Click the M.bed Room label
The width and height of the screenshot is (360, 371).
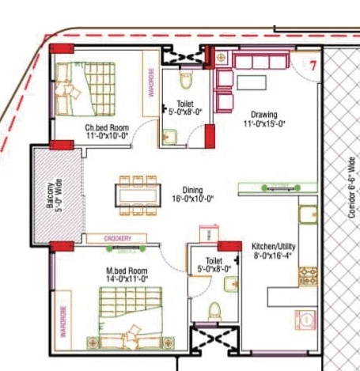pyautogui.click(x=127, y=271)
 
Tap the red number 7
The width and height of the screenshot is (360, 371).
pyautogui.click(x=313, y=66)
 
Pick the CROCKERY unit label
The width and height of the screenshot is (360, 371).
pyautogui.click(x=117, y=238)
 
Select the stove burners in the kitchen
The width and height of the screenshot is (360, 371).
pyautogui.click(x=306, y=277)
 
